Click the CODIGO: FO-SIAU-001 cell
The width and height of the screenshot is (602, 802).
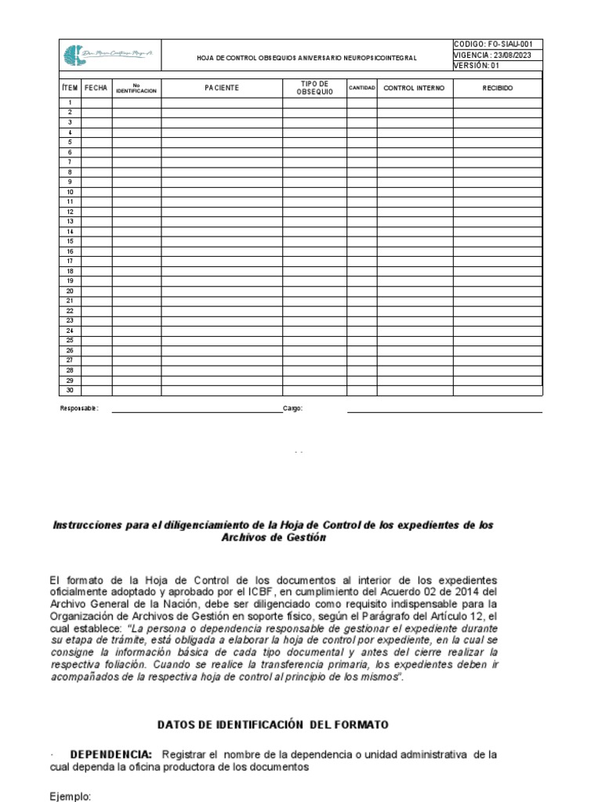pos(498,45)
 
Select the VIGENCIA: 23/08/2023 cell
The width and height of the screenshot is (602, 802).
pos(498,56)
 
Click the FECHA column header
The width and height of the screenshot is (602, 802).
pos(96,89)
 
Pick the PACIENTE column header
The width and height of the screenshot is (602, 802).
pos(222,89)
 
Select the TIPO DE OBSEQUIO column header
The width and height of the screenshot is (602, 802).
pos(314,89)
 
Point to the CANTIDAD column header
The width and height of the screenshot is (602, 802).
pos(361,89)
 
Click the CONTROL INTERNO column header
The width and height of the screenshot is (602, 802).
pos(414,89)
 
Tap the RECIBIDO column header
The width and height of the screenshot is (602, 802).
pos(497,89)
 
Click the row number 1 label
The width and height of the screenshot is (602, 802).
pos(70,103)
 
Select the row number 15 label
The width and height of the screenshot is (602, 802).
pos(70,241)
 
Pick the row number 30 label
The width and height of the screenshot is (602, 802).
pos(70,390)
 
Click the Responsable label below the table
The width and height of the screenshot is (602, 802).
pos(79,409)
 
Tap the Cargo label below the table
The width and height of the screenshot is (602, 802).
pos(292,409)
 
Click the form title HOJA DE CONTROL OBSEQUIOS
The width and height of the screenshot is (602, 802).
pos(306,59)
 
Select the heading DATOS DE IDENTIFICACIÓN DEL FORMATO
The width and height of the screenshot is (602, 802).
pos(273,725)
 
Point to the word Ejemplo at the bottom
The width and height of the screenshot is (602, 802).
pos(71,796)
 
